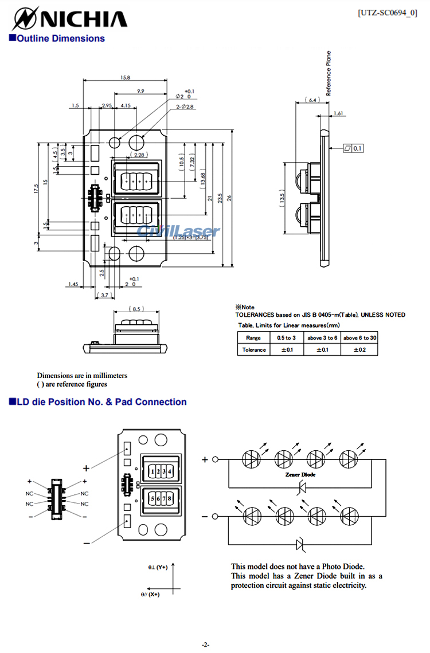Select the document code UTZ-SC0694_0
(387, 12)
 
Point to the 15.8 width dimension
(125, 77)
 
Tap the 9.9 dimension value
(140, 91)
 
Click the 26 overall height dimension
(230, 198)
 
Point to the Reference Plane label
(329, 73)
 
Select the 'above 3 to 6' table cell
(322, 338)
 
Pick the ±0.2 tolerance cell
(359, 349)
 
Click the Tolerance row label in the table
(254, 349)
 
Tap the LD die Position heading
(97, 402)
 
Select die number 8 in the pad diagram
(170, 498)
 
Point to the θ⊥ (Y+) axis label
(158, 567)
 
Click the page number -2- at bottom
(205, 644)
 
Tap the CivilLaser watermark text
(178, 231)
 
